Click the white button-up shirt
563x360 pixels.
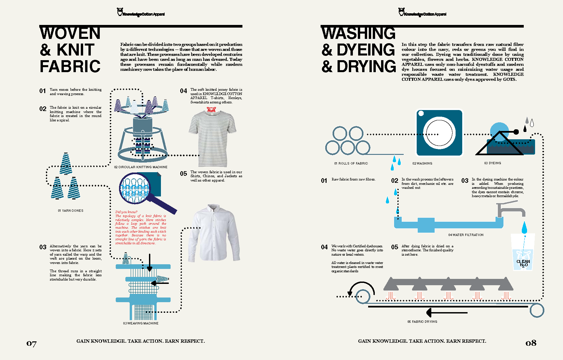pos(215,233)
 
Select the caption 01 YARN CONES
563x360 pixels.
pos(70,211)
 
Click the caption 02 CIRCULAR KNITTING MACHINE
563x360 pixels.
pos(141,167)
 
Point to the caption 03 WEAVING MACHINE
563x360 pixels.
pos(141,323)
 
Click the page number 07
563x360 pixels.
pos(32,344)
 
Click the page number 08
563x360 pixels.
pos(531,343)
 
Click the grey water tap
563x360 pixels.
pos(510,209)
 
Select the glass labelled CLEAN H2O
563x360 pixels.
pos(523,253)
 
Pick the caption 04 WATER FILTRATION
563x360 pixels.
pos(466,235)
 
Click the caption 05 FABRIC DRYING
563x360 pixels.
pos(422,322)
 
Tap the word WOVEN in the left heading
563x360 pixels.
pos(70,34)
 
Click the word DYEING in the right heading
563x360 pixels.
pos(365,50)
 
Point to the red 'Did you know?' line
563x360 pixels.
pos(126,212)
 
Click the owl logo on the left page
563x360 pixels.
pos(120,12)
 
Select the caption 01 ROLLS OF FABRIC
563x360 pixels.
pos(351,164)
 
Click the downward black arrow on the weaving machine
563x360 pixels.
pos(150,263)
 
